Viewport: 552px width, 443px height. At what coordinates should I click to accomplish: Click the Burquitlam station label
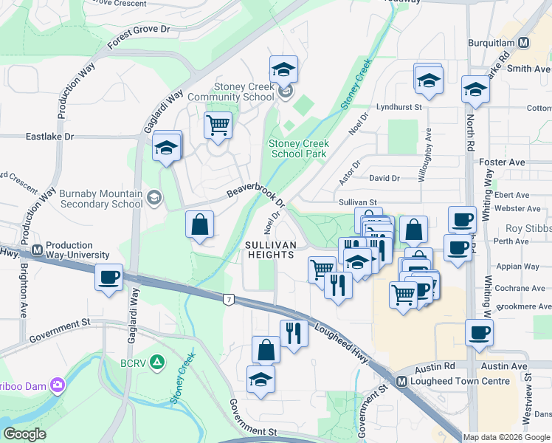(493, 43)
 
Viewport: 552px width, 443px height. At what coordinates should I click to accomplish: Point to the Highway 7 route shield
(229, 298)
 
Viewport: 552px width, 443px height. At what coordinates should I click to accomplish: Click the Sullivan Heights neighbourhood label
(270, 250)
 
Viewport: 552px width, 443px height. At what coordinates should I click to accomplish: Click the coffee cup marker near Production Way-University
(109, 278)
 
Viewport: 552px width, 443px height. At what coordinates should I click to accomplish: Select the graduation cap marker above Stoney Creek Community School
(283, 69)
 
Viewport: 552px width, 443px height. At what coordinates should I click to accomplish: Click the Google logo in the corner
(24, 434)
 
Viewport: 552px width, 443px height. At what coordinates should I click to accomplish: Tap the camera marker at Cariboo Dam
(58, 385)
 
